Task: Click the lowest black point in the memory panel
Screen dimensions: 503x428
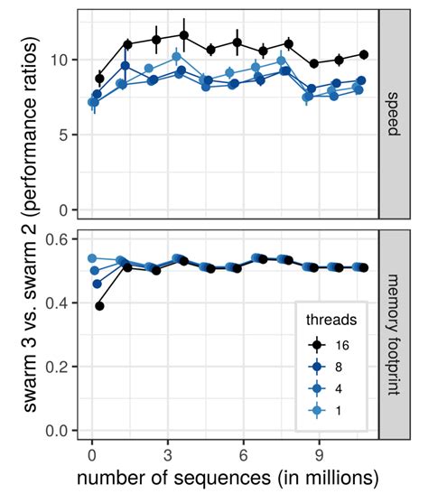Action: (99, 306)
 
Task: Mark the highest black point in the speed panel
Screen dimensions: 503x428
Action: (184, 36)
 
